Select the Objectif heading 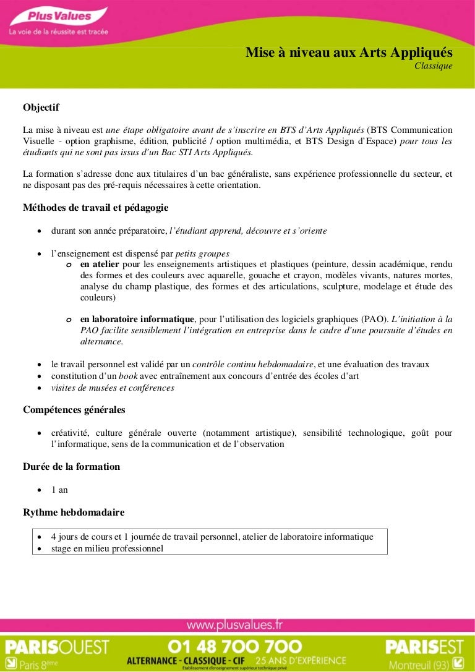pyautogui.click(x=41, y=108)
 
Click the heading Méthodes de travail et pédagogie pyautogui.click(x=95, y=208)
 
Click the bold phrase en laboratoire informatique pyautogui.click(x=137, y=319)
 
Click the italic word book pyautogui.click(x=128, y=376)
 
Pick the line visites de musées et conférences pyautogui.click(x=113, y=388)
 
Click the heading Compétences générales pyautogui.click(x=74, y=410)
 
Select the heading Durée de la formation pyautogui.click(x=71, y=467)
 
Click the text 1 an pyautogui.click(x=59, y=490)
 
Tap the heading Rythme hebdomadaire pyautogui.click(x=74, y=513)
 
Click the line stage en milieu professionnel pyautogui.click(x=107, y=548)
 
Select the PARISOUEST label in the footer pyautogui.click(x=57, y=647)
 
